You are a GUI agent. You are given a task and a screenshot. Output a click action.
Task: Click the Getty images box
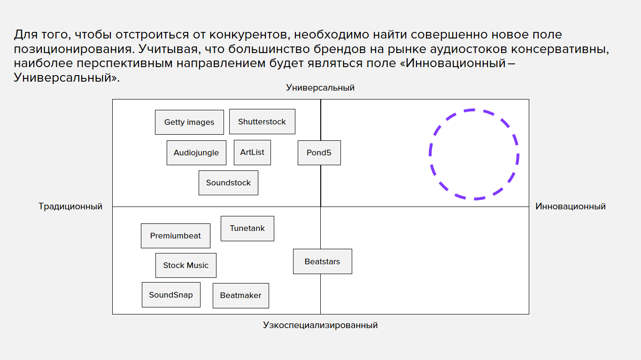tap(189, 122)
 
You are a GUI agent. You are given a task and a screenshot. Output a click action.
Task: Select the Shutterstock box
tap(262, 122)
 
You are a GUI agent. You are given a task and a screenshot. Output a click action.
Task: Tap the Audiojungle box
tap(196, 153)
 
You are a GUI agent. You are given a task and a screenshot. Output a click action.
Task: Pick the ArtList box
tap(252, 153)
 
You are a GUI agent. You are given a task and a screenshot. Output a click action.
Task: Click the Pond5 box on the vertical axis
tap(319, 153)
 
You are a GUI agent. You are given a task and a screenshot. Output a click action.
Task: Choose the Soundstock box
tap(228, 183)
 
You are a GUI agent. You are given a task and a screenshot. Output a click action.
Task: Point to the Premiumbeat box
tap(176, 236)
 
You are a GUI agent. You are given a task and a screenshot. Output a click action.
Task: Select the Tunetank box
tap(247, 229)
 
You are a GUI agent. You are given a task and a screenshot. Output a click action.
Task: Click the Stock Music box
tap(185, 265)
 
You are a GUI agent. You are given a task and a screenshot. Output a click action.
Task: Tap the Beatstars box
tap(323, 261)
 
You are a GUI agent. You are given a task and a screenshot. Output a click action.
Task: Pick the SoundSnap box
tap(171, 295)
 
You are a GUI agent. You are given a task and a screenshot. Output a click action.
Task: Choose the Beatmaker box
tap(240, 296)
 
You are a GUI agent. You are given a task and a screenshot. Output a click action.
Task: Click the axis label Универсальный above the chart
tap(320, 87)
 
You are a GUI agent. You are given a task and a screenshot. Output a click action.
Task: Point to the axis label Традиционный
tap(70, 207)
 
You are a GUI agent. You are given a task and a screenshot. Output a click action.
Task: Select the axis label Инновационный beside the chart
tap(571, 207)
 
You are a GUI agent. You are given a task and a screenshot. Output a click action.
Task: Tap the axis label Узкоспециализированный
tap(320, 325)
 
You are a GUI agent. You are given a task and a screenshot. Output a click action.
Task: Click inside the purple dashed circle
tap(474, 154)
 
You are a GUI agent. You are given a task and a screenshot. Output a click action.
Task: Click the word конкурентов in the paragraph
tap(248, 35)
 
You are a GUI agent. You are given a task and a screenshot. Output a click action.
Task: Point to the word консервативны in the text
tap(560, 50)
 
